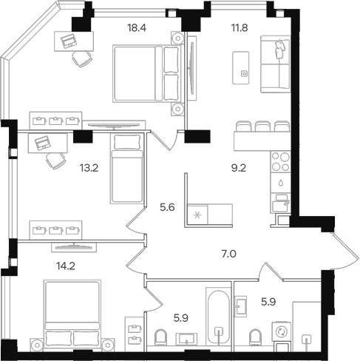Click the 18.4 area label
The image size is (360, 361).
(137, 28)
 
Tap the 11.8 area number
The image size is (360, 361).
(240, 28)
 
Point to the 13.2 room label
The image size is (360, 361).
(89, 168)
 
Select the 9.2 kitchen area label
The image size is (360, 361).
(239, 168)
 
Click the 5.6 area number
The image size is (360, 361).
(167, 207)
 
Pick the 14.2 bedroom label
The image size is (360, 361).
(66, 266)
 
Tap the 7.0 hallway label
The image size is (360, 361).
(229, 254)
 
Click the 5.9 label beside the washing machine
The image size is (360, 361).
(268, 302)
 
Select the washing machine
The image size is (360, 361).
(281, 331)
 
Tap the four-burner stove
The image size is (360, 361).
(280, 162)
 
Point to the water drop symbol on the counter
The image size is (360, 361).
(281, 183)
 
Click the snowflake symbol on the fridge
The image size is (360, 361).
(197, 216)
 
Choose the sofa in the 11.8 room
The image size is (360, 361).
(276, 64)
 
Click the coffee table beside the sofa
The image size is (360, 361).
(240, 68)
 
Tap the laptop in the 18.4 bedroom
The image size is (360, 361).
(69, 41)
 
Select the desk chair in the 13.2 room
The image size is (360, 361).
(56, 161)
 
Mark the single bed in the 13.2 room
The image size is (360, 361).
(127, 169)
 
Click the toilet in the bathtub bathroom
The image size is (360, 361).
(160, 337)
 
